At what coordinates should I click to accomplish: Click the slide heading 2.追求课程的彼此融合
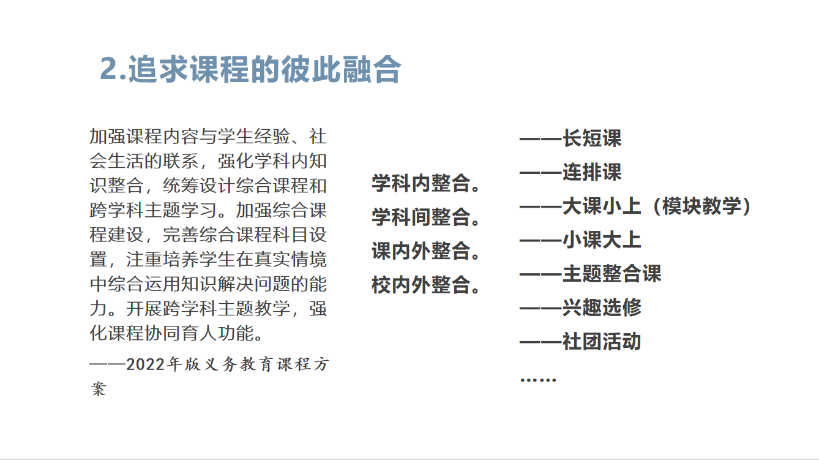250,69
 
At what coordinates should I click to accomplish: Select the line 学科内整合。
426,183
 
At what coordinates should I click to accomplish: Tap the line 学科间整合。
426,217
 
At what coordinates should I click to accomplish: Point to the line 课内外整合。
426,251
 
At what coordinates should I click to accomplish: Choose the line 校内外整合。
426,285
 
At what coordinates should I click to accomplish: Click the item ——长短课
570,138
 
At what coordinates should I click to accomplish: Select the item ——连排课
570,172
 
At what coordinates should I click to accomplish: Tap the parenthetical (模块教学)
701,206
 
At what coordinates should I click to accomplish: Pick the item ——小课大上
580,239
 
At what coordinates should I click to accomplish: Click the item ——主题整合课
591,273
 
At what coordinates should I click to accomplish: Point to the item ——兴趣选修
580,307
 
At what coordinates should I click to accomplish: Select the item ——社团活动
580,341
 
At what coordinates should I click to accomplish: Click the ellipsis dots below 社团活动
538,380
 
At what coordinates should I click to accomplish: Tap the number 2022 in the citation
145,364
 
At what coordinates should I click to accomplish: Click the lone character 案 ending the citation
99,388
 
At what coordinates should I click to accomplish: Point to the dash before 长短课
540,138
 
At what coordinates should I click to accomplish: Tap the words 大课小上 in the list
602,206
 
